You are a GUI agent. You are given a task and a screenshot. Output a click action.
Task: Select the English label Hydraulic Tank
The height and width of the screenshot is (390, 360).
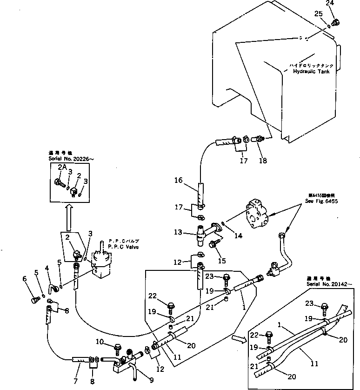point(311,72)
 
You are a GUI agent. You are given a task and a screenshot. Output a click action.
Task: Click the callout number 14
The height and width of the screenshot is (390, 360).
point(238,236)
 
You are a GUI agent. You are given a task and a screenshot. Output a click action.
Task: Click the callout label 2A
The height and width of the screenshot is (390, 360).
point(62,167)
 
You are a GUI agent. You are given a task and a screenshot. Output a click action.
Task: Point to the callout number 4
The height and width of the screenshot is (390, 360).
point(47,268)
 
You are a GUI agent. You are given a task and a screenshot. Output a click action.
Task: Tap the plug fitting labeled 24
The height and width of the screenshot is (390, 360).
point(337,20)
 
